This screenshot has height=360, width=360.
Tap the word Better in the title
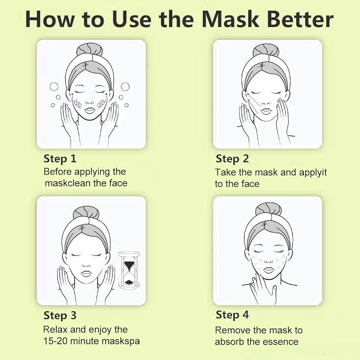[300, 19]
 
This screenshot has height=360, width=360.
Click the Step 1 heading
[60, 159]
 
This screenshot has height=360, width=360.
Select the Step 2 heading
[232, 159]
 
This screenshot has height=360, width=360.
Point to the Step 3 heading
[60, 315]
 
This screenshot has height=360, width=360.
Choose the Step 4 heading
[232, 315]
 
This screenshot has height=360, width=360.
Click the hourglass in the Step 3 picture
[129, 270]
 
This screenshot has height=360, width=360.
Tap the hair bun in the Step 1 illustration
[90, 49]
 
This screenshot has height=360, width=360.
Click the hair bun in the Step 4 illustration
[268, 209]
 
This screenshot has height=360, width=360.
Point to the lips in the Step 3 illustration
[86, 274]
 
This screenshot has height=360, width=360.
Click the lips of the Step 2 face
[266, 111]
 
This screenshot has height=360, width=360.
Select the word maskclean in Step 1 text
[68, 183]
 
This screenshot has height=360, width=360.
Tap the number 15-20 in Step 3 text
[55, 341]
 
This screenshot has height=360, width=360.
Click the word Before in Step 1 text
[58, 172]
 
